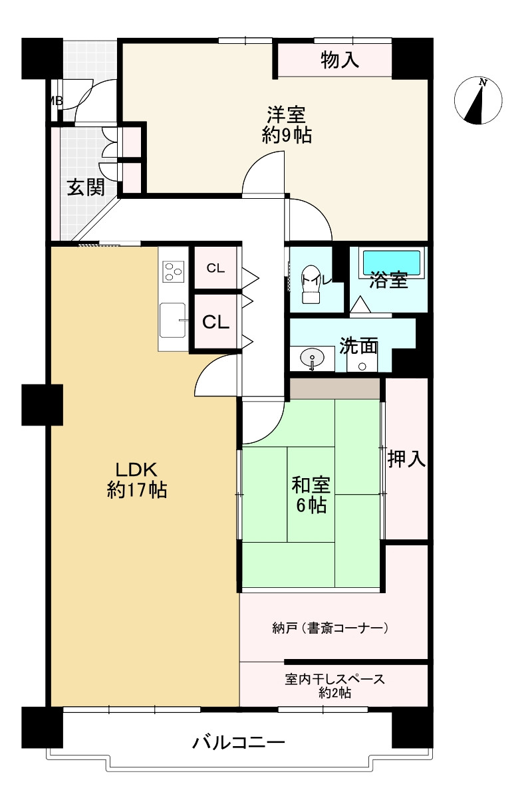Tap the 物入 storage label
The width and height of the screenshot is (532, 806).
pyautogui.click(x=340, y=61)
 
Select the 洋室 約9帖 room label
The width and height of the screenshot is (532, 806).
pyautogui.click(x=287, y=124)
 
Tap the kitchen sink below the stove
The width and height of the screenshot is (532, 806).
pyautogui.click(x=174, y=321)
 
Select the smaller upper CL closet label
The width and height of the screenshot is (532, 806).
pyautogui.click(x=215, y=269)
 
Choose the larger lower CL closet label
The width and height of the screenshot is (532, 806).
pyautogui.click(x=215, y=323)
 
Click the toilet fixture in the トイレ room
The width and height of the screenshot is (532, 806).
pyautogui.click(x=311, y=287)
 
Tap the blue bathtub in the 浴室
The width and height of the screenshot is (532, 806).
pyautogui.click(x=390, y=262)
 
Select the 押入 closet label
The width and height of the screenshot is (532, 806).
pyautogui.click(x=406, y=458)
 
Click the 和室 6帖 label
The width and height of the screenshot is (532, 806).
pyautogui.click(x=310, y=494)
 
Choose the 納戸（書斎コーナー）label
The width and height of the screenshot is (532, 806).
pyautogui.click(x=331, y=627)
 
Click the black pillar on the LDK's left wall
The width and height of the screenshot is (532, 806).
pyautogui.click(x=42, y=404)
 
